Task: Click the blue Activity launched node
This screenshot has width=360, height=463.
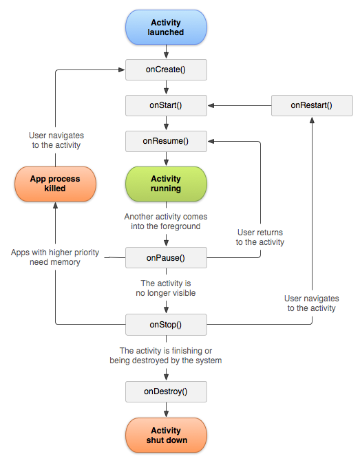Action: [x=166, y=28]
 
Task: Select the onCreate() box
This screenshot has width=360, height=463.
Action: [x=166, y=69]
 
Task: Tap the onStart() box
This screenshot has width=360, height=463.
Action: [x=166, y=105]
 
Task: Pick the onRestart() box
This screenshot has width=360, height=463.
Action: [x=311, y=105]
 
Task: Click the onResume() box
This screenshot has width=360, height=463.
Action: [x=166, y=142]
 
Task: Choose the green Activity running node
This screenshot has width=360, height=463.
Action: [x=166, y=184]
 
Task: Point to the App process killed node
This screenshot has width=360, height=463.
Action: [x=55, y=184]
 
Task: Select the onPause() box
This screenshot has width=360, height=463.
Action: [x=166, y=258]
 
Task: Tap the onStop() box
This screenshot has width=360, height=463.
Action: [x=166, y=323]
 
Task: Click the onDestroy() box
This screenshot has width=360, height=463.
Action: [x=166, y=391]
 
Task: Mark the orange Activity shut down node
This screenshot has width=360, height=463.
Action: [x=166, y=435]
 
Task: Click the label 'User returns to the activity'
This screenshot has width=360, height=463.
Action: [x=260, y=237]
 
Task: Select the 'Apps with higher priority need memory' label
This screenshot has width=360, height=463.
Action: [x=55, y=258]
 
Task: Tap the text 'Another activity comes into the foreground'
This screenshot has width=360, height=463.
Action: [x=166, y=222]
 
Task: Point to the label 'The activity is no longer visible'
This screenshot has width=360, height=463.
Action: [x=166, y=288]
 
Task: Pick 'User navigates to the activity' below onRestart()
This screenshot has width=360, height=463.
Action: [x=311, y=303]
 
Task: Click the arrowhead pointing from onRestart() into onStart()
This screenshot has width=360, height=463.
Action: [x=211, y=105]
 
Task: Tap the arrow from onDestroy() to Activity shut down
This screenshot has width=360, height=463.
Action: [x=166, y=410]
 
